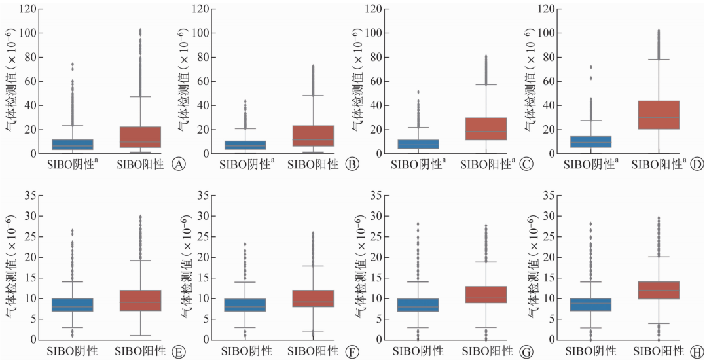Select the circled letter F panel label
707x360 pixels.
(x=351, y=351)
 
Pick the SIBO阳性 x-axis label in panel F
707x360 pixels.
(x=313, y=351)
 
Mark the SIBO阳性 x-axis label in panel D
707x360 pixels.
(x=657, y=164)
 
